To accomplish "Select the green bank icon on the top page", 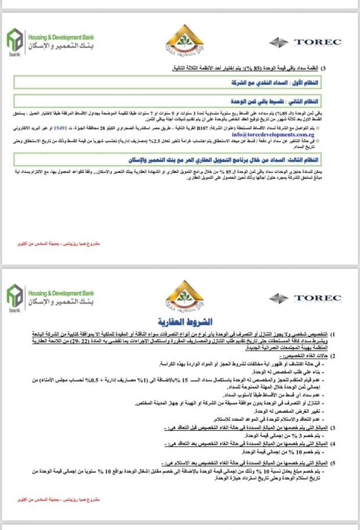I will (15, 42).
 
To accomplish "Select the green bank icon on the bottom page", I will (15, 298).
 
